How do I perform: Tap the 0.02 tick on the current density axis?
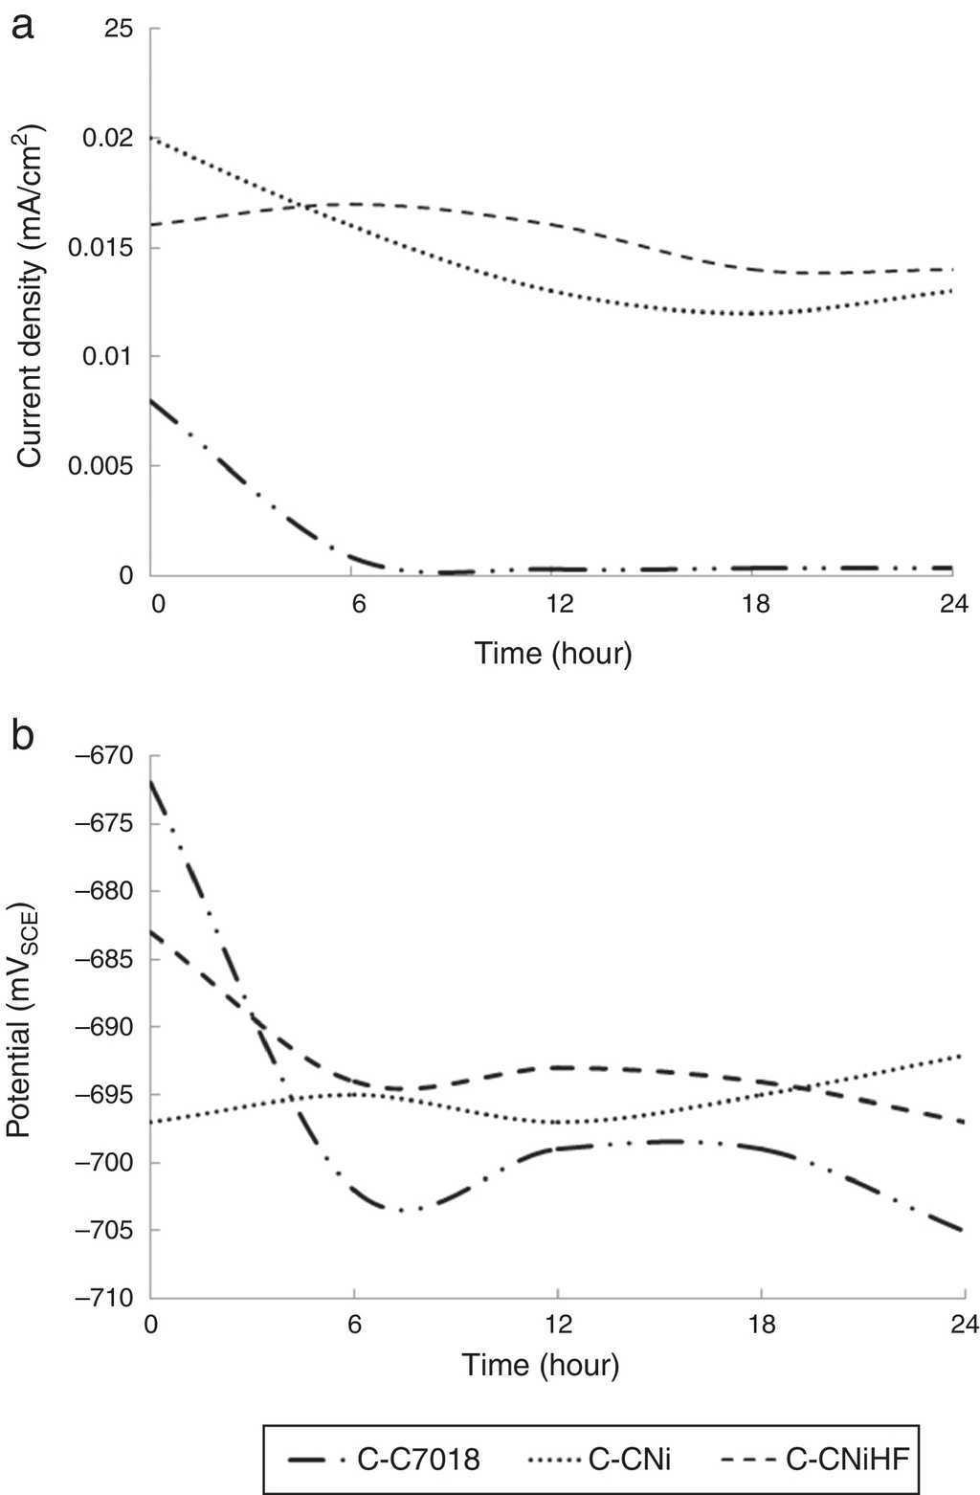coord(107,139)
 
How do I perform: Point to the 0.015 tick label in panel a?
coord(102,248)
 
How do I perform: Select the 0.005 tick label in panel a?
coord(102,466)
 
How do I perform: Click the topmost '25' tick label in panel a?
coord(119,30)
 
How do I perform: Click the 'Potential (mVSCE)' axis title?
coord(21,1030)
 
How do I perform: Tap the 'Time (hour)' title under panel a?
coord(553,655)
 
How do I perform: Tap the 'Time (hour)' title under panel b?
coord(541,1364)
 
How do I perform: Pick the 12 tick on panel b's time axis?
coord(558,1325)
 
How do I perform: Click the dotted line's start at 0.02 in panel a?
coord(153,139)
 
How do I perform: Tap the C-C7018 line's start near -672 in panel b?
coord(151,782)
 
